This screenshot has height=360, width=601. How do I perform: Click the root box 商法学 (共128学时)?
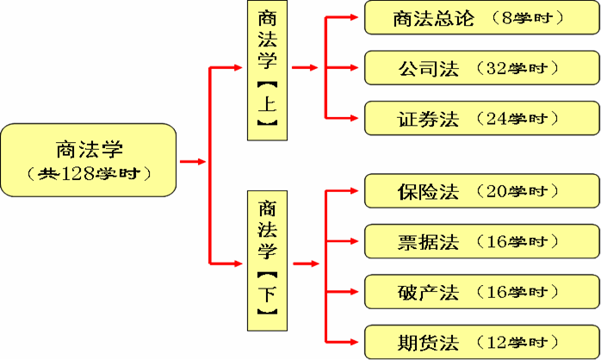[x=89, y=160]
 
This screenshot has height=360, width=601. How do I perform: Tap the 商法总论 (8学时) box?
[x=479, y=18]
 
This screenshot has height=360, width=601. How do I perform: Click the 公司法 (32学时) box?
[x=479, y=67]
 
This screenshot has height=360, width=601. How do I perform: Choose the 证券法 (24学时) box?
[x=479, y=118]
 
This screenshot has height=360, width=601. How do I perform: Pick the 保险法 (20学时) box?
[x=479, y=190]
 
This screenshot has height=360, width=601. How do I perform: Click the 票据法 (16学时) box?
[x=479, y=241]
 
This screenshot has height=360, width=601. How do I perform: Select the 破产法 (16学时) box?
[x=479, y=291]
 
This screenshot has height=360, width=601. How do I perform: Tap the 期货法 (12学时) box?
[x=479, y=342]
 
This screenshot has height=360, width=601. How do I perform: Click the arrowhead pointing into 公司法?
[x=356, y=67]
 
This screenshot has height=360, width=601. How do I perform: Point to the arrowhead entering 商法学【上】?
[x=239, y=67]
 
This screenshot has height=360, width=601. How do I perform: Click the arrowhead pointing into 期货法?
[x=356, y=342]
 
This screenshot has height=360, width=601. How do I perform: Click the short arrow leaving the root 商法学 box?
[x=193, y=161]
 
